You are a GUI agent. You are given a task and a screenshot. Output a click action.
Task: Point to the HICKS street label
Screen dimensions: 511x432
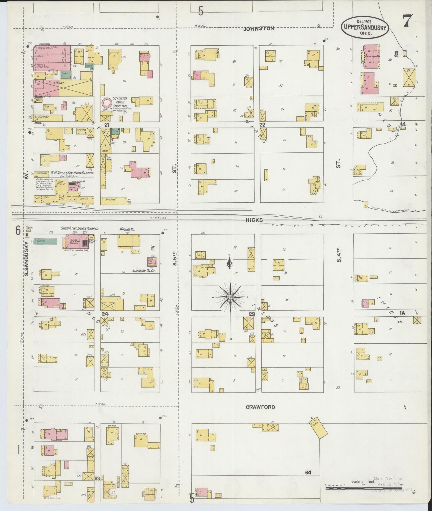click(254, 220)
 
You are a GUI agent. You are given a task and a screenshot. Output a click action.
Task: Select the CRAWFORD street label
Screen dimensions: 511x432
click(260, 407)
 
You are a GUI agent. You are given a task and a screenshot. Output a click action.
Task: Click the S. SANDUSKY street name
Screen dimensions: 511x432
click(27, 259)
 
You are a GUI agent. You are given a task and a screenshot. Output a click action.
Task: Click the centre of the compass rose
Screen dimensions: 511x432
click(230, 297)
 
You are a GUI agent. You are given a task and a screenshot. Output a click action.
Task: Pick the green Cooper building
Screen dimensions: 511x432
click(45, 241)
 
